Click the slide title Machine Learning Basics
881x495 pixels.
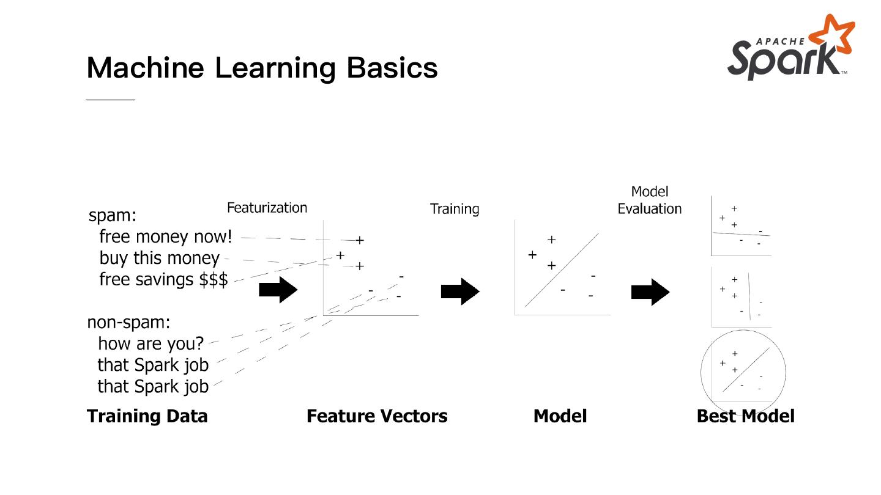(262, 67)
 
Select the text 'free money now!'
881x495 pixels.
(165, 236)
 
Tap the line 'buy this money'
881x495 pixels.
(159, 258)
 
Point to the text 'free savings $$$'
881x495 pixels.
(163, 280)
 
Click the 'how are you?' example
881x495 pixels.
(151, 343)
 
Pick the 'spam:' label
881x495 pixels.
(113, 216)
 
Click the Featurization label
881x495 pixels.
(267, 208)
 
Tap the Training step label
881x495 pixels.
(455, 209)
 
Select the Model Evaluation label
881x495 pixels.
(649, 200)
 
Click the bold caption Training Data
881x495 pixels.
(147, 416)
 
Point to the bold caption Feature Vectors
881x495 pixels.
(377, 416)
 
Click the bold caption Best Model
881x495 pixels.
(745, 416)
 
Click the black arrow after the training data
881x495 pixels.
(278, 290)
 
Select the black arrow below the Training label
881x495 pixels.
(460, 291)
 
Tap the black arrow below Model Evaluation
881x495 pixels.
(650, 291)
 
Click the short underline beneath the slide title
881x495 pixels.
(110, 99)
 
